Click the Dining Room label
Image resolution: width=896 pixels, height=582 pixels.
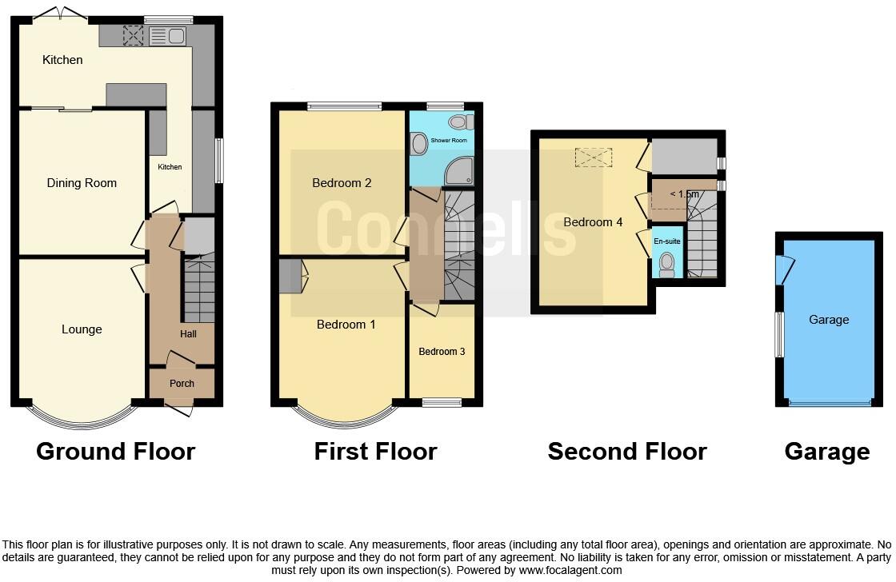click(x=82, y=183)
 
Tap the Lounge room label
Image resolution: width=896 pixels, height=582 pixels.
click(x=82, y=329)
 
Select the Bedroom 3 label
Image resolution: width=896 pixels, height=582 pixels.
click(x=442, y=352)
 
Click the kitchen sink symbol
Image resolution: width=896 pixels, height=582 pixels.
click(x=166, y=35)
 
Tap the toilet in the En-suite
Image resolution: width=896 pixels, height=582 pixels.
click(x=666, y=265)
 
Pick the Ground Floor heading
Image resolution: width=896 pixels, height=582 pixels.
click(x=116, y=452)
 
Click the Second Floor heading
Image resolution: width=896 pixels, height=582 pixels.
click(x=627, y=452)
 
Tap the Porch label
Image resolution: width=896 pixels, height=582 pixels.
click(x=182, y=384)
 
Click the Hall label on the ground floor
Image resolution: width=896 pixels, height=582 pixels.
click(x=188, y=334)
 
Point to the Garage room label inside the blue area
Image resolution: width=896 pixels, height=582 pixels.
click(x=829, y=320)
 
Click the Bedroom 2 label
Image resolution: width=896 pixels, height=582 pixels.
click(x=342, y=183)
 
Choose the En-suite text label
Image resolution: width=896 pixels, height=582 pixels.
click(x=666, y=241)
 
